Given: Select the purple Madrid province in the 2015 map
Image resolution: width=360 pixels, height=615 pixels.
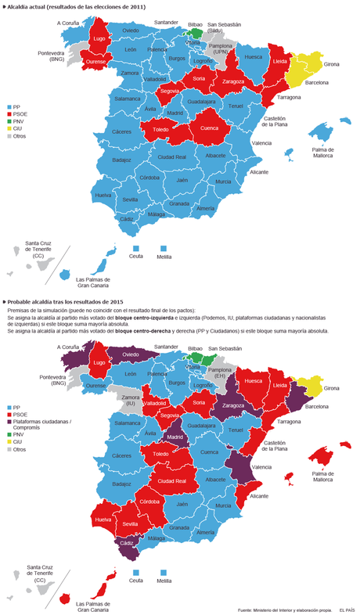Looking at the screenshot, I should click(x=175, y=431).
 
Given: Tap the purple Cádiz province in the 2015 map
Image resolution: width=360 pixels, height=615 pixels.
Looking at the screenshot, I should click(x=126, y=542).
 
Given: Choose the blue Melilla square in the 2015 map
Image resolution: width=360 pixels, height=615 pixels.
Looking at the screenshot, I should click(x=163, y=571).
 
